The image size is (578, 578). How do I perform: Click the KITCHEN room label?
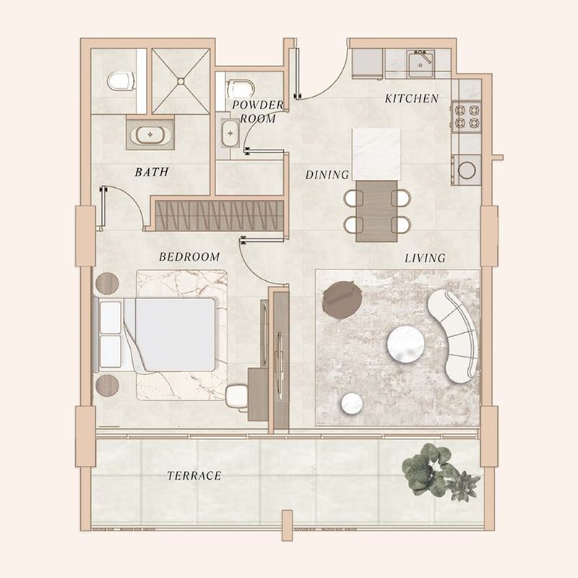[411, 98]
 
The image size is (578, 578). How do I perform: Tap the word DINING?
[327, 175]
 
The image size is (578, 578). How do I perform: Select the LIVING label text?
[425, 258]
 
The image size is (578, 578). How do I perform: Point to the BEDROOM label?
[189, 256]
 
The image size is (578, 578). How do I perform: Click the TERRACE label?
[194, 476]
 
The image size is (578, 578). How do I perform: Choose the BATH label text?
[152, 172]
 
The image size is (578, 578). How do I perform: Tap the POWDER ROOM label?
[258, 111]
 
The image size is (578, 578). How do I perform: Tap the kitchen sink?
[418, 64]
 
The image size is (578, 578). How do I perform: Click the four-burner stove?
[465, 118]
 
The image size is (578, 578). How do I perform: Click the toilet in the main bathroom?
[122, 82]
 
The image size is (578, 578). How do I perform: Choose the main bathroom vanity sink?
[151, 135]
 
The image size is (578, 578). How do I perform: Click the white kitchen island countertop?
[376, 154]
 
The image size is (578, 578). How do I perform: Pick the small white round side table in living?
[352, 403]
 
